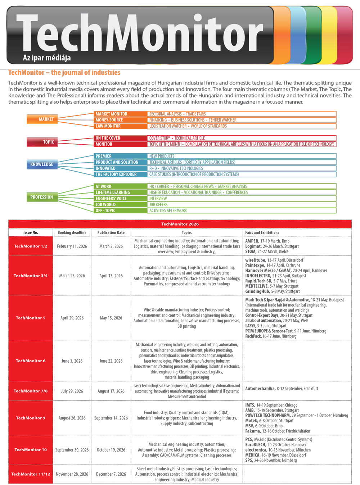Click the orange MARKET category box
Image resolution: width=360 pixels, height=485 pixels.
point(42,119)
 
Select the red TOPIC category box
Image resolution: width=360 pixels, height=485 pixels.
point(42,142)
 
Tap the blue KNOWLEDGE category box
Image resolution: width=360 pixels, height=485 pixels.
point(42,164)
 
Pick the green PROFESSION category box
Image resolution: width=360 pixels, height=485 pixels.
point(42,197)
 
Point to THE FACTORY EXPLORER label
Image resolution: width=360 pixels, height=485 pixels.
point(116,174)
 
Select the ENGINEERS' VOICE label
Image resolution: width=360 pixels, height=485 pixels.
point(111,199)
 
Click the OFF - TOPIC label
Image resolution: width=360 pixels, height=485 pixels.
point(105,211)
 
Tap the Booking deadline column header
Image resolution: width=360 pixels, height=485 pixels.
point(72,232)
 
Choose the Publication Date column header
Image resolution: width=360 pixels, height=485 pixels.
point(111,232)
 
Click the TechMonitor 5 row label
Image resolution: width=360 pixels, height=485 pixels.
point(31,318)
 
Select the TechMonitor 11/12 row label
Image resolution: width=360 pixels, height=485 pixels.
point(31,474)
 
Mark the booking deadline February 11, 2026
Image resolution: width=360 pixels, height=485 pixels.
point(72,246)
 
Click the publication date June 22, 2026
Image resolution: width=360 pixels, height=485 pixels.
point(111,361)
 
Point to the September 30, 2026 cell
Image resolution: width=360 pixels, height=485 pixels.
point(72,450)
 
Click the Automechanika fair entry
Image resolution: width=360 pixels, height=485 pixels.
point(282,389)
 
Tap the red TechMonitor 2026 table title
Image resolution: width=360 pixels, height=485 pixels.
point(180,224)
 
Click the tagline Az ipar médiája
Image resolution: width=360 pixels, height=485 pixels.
point(47,58)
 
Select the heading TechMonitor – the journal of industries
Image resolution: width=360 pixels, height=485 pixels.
point(64,73)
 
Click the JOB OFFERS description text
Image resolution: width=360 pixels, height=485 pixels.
point(158,205)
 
